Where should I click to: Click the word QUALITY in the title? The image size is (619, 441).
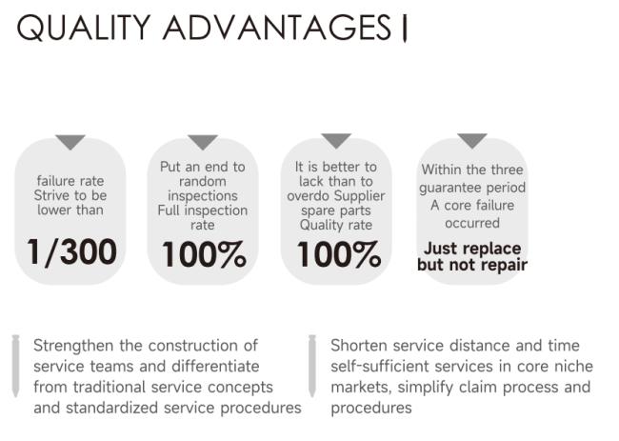point(83,28)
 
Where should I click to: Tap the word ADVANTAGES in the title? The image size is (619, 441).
point(277,28)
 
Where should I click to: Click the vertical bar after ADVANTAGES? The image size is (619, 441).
point(404,29)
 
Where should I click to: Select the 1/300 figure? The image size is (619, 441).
point(71,252)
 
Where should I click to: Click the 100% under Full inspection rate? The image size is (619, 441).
point(204,254)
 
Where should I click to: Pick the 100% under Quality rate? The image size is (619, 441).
point(339,254)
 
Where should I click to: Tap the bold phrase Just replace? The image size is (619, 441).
point(472,249)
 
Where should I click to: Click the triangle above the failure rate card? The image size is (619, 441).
point(70,141)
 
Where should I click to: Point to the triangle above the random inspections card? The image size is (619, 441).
point(203,141)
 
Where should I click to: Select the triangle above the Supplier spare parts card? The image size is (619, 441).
point(336,140)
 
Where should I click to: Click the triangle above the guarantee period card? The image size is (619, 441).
point(472,140)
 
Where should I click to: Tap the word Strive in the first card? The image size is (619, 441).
point(51,195)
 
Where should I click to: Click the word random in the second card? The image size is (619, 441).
point(203,182)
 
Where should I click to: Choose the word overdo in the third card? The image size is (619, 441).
point(308,196)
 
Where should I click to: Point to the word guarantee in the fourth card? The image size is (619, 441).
point(450,189)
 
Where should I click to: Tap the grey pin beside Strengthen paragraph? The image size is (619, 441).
point(16,365)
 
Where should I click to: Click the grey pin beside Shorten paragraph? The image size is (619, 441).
point(312,365)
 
